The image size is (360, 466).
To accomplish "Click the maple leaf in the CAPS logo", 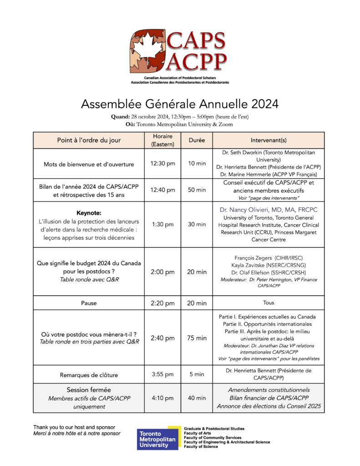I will click(x=147, y=51).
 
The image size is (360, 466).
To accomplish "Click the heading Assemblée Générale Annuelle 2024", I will click(x=179, y=104).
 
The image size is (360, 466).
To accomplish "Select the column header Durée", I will click(x=197, y=140).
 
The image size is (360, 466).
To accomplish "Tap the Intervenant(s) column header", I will click(x=268, y=140).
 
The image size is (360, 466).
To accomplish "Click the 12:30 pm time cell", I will click(x=162, y=164).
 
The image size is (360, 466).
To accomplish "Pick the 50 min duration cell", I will click(x=197, y=190).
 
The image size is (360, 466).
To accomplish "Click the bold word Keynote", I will click(x=89, y=213).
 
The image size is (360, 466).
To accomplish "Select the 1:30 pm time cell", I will click(x=162, y=224).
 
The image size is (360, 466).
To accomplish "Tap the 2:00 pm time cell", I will click(x=162, y=272).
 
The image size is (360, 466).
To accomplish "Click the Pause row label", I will click(x=89, y=303).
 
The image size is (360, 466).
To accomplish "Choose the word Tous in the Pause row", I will click(x=268, y=303).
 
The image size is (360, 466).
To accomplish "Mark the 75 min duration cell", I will click(x=197, y=338).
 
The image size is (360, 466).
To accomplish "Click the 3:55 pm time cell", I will click(x=162, y=375).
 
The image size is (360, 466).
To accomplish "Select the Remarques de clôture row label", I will click(x=89, y=375).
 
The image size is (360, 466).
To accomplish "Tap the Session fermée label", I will click(x=89, y=390).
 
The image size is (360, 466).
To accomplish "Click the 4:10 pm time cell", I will click(x=162, y=398).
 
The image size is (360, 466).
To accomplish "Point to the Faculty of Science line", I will click(x=201, y=447).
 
